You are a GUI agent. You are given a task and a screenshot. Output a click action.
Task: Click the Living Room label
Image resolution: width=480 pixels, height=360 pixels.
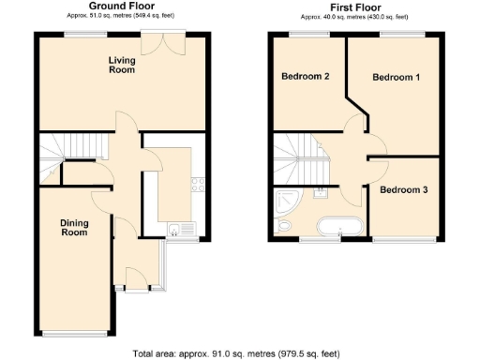coord(120,65)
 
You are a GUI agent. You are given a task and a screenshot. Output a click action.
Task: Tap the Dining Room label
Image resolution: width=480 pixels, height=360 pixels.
coord(74,227)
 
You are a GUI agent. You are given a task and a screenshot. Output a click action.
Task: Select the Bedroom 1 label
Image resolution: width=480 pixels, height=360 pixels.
coord(395,77)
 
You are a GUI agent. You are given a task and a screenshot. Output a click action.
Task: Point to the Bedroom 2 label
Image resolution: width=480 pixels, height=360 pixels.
coord(305,77)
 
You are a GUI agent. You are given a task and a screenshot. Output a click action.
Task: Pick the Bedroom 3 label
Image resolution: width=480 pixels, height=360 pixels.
coord(404,190)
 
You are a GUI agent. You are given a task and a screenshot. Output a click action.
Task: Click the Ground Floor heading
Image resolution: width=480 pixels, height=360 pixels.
coord(122,7)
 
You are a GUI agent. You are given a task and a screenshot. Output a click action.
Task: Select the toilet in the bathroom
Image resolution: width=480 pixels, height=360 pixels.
coord(284,227)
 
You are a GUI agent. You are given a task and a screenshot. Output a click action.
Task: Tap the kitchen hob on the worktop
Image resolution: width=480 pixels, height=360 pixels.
coord(198,184)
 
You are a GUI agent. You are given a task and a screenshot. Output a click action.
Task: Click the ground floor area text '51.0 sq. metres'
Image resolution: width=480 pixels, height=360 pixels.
coord(122,17)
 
